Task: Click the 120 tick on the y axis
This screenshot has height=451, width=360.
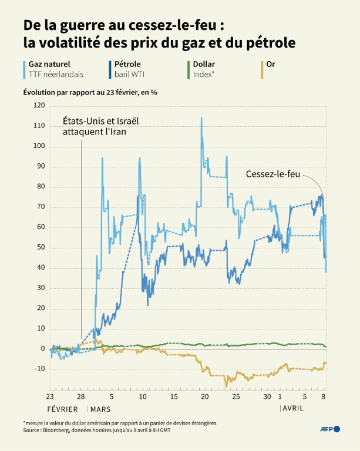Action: pos(39,105)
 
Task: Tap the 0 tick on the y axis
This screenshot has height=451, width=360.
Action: pos(42,349)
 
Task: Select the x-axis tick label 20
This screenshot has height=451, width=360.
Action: pos(204,397)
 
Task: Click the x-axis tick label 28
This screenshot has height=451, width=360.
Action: pos(82,397)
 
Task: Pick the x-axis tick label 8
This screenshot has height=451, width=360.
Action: pos(324,397)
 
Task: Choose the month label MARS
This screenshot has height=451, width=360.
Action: pos(100,409)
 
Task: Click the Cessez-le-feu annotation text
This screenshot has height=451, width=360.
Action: pos(272,174)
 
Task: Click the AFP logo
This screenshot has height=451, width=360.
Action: pos(329,429)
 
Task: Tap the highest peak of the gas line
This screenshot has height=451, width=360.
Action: pos(201,117)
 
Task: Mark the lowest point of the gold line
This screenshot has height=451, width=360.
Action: pos(225,386)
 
